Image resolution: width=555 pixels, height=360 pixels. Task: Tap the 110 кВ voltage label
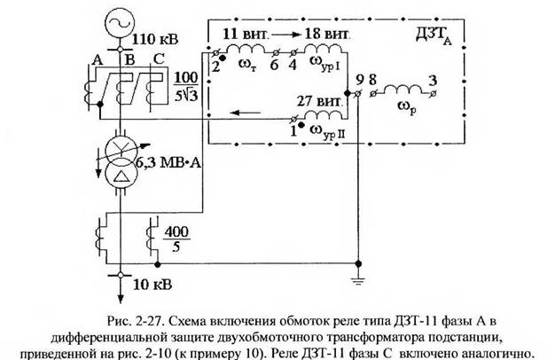[x=154, y=39]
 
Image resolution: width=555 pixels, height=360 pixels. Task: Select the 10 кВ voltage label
[x=152, y=285]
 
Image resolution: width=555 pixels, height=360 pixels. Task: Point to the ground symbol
[x=358, y=281]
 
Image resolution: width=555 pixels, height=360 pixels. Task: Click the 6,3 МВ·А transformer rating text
[x=168, y=163]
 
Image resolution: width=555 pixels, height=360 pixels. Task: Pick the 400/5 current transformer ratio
[x=176, y=239]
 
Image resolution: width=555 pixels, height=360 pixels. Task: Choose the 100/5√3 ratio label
[x=186, y=87]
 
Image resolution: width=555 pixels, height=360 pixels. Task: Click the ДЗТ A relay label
[x=434, y=35]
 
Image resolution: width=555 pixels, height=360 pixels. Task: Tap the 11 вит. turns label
[x=246, y=34]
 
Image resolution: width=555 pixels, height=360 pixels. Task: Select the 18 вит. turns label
[x=327, y=34]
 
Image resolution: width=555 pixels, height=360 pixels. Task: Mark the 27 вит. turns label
[x=320, y=102]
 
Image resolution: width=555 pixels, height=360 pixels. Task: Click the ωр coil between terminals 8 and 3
[x=403, y=90]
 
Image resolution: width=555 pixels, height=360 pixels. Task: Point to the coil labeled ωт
[x=246, y=49]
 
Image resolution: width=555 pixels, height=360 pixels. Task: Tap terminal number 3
[x=433, y=81]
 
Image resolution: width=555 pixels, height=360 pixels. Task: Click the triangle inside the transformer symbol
[x=121, y=176]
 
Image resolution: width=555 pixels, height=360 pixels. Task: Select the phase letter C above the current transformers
[x=159, y=59]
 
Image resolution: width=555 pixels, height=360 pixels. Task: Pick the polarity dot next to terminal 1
[x=301, y=125]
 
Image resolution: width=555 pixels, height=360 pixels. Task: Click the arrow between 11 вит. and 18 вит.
[x=286, y=35]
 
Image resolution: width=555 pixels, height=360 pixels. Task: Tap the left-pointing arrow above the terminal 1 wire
[x=245, y=113]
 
